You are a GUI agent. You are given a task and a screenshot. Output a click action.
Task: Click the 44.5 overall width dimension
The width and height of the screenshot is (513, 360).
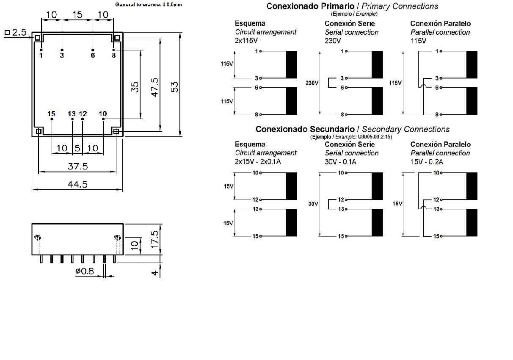pos(78,184)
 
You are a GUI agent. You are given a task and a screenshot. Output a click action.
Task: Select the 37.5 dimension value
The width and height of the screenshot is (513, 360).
pos(78,166)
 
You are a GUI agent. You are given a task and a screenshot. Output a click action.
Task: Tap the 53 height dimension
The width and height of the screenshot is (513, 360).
pos(174,86)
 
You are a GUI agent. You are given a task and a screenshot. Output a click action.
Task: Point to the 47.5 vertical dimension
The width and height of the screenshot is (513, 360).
pos(154,87)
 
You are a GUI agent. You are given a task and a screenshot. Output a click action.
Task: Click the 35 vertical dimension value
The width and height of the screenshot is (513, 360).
pos(135,87)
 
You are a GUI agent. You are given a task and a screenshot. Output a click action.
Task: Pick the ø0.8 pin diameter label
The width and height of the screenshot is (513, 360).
pos(85,271)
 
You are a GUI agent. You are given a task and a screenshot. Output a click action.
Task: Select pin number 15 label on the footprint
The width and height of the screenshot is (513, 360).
pos(51,114)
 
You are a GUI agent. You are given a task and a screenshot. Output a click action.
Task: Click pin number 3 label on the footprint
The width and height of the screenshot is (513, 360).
pos(62,55)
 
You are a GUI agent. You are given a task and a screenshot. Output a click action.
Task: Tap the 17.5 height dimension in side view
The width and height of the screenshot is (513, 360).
pos(154,239)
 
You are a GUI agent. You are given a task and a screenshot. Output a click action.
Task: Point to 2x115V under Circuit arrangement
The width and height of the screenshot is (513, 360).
pos(246,41)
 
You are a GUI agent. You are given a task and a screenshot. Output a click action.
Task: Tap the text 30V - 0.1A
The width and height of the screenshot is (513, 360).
pos(341,162)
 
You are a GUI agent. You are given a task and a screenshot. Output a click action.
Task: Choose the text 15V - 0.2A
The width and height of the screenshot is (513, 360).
pos(427,162)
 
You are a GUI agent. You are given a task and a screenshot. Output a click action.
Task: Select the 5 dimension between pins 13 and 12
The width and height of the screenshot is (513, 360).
pos(77,148)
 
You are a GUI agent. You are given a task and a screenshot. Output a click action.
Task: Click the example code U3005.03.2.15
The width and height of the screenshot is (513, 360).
pos(369,137)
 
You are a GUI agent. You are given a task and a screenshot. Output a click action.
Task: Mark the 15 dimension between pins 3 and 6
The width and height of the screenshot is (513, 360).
pos(77,15)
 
